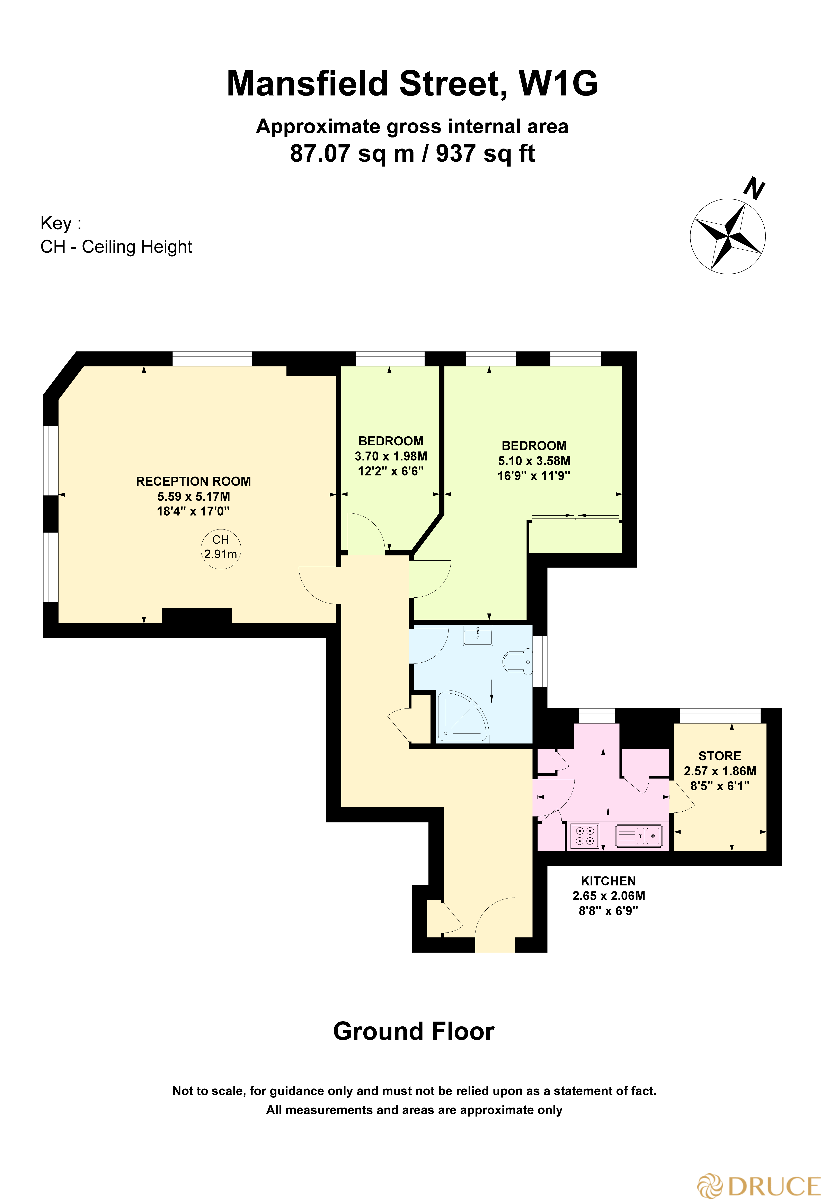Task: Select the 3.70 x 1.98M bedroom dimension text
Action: [391, 456]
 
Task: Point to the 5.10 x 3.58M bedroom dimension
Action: [534, 461]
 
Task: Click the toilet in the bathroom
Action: [517, 661]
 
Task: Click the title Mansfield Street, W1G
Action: [412, 83]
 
